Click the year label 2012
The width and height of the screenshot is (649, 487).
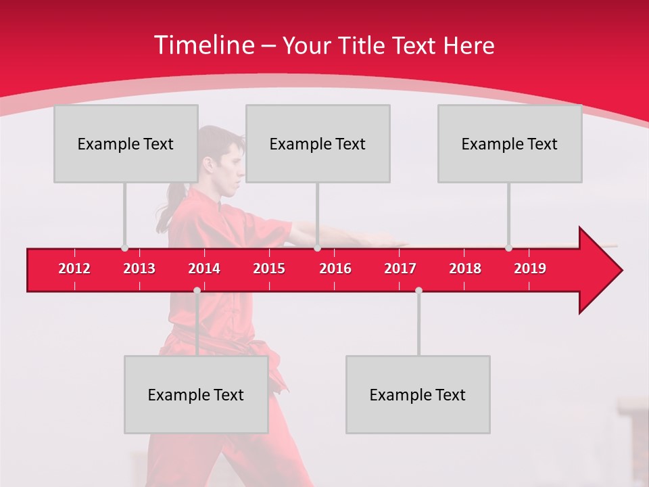(74, 269)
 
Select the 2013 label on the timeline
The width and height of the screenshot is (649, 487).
(139, 269)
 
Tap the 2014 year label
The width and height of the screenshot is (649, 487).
(204, 269)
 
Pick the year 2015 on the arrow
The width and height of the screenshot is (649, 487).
(269, 269)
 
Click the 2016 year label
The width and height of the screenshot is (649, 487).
(335, 269)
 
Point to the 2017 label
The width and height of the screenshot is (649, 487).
(400, 269)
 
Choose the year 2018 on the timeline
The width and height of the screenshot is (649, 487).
(465, 269)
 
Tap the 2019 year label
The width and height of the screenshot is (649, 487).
(530, 269)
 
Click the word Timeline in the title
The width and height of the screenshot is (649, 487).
(203, 45)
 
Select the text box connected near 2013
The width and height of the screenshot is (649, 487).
(126, 143)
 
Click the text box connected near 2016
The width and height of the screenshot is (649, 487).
(318, 143)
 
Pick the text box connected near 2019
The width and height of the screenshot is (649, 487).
(510, 143)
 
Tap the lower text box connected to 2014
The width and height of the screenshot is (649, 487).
(196, 394)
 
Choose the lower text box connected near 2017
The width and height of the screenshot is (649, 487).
(418, 394)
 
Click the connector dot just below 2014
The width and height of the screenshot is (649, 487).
(197, 290)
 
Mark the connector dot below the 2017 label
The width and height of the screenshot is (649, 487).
(418, 290)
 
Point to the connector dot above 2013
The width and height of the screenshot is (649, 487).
(124, 248)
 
